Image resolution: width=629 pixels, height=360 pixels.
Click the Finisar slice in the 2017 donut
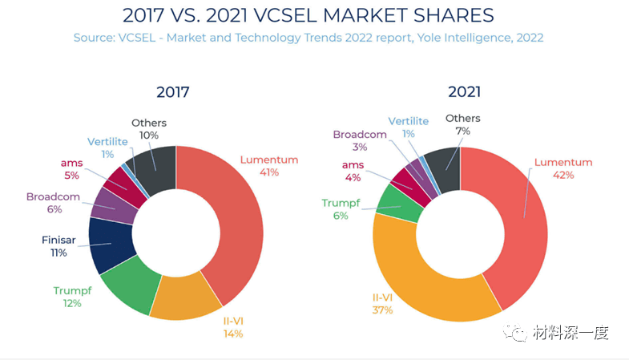110,245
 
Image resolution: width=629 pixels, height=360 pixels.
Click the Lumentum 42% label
563,168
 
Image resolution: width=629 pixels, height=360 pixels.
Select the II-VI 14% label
233,327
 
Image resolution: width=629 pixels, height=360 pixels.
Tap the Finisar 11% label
58,246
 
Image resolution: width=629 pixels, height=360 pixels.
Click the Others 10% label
149,129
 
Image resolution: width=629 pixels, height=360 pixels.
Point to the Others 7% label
463,124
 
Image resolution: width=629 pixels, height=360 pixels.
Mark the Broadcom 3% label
360,140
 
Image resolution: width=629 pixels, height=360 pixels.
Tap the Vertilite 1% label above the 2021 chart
409,127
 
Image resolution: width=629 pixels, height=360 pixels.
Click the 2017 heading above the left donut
174,91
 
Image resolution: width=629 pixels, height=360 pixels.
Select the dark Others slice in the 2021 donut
443,168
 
